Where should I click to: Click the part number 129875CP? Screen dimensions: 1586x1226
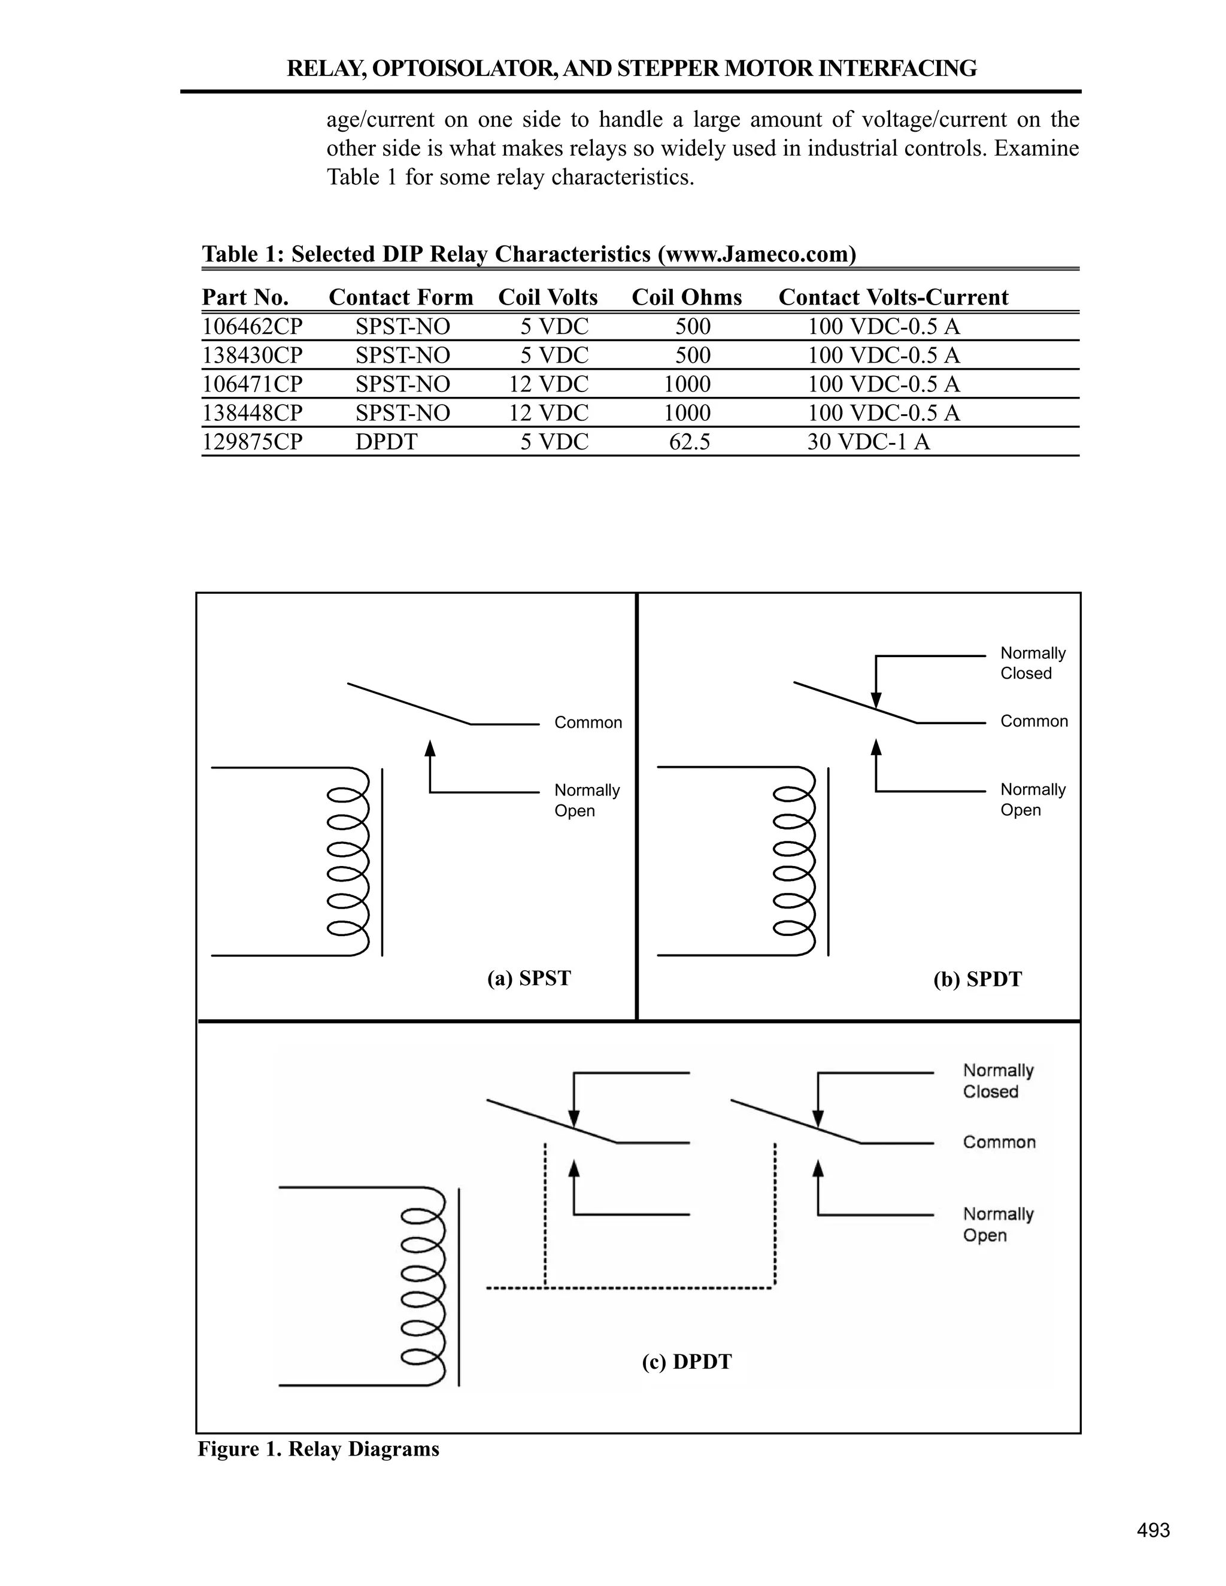[x=252, y=442]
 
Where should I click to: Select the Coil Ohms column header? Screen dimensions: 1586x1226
[x=687, y=297]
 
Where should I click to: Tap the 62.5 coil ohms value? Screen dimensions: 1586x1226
[x=689, y=442]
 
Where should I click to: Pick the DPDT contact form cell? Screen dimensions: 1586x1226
[x=386, y=442]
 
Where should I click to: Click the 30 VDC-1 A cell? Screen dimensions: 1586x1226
[x=868, y=442]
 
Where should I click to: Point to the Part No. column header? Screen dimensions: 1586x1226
[x=245, y=297]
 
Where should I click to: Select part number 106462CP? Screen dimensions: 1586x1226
[x=252, y=327]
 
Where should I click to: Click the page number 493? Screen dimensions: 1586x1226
[x=1154, y=1530]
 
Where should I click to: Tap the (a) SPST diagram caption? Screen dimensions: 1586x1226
[x=529, y=978]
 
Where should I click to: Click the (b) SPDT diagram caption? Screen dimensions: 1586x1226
[x=977, y=979]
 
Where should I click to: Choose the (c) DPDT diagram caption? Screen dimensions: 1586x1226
[x=687, y=1361]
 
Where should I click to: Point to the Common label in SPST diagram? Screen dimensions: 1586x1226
[x=588, y=722]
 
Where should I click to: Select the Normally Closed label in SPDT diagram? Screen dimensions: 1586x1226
[x=1032, y=663]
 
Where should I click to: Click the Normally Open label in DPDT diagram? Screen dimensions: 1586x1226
[x=998, y=1225]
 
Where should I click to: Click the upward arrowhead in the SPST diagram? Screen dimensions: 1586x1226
[x=430, y=748]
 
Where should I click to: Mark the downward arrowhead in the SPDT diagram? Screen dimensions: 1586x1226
[x=876, y=700]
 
